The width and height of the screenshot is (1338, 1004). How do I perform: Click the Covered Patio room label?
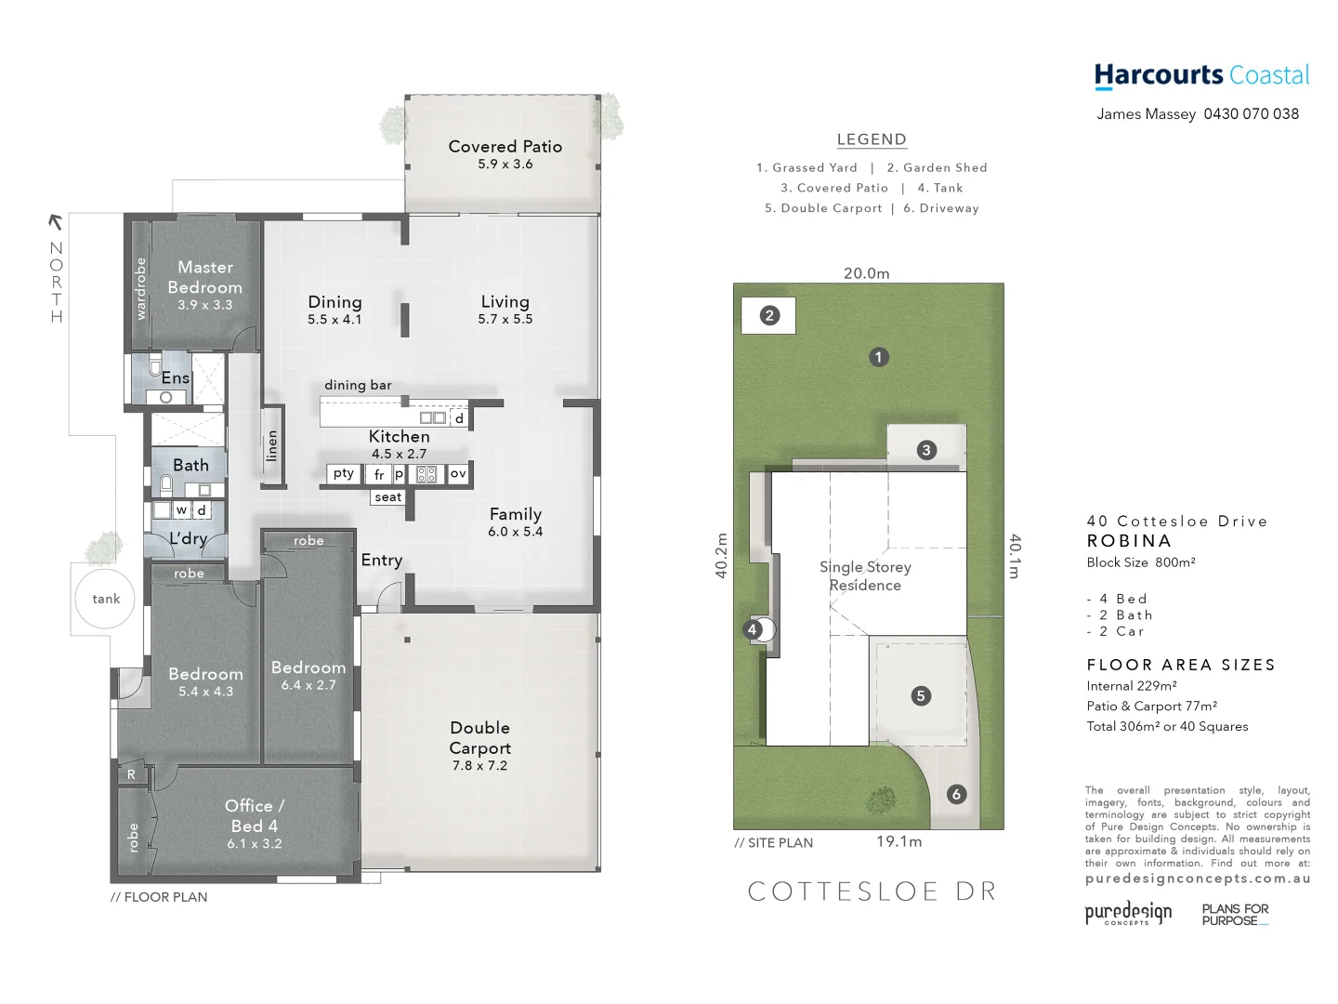pyautogui.click(x=505, y=147)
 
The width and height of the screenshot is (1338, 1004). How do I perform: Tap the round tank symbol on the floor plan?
pyautogui.click(x=106, y=599)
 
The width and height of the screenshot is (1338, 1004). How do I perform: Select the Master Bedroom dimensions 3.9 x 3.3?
pyautogui.click(x=205, y=305)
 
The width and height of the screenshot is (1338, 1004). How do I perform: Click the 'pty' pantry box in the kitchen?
pyautogui.click(x=344, y=473)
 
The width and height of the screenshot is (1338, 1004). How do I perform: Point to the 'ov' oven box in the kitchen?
pyautogui.click(x=458, y=473)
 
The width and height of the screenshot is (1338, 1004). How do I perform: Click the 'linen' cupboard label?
pyautogui.click(x=272, y=446)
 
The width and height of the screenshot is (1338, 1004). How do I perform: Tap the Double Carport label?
pyautogui.click(x=479, y=738)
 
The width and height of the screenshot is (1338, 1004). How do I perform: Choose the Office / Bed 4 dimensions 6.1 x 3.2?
pyautogui.click(x=255, y=844)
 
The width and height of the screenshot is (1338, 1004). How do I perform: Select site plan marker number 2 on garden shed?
pyautogui.click(x=769, y=315)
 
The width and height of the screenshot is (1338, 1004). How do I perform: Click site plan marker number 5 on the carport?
pyautogui.click(x=921, y=695)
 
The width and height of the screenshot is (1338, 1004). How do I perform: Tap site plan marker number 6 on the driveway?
pyautogui.click(x=956, y=794)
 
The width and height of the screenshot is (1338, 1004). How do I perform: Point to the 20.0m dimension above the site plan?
pyautogui.click(x=866, y=273)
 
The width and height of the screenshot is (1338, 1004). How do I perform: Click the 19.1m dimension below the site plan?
pyautogui.click(x=899, y=841)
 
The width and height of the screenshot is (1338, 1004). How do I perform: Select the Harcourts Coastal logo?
pyautogui.click(x=1201, y=75)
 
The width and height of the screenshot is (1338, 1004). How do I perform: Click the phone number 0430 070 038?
pyautogui.click(x=1251, y=114)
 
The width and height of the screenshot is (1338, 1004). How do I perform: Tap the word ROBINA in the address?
pyautogui.click(x=1129, y=541)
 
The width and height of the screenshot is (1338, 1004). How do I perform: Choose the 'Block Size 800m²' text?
pyautogui.click(x=1141, y=562)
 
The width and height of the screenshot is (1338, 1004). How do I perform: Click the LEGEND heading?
pyautogui.click(x=872, y=139)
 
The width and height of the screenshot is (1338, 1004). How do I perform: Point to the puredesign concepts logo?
pyautogui.click(x=1128, y=913)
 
